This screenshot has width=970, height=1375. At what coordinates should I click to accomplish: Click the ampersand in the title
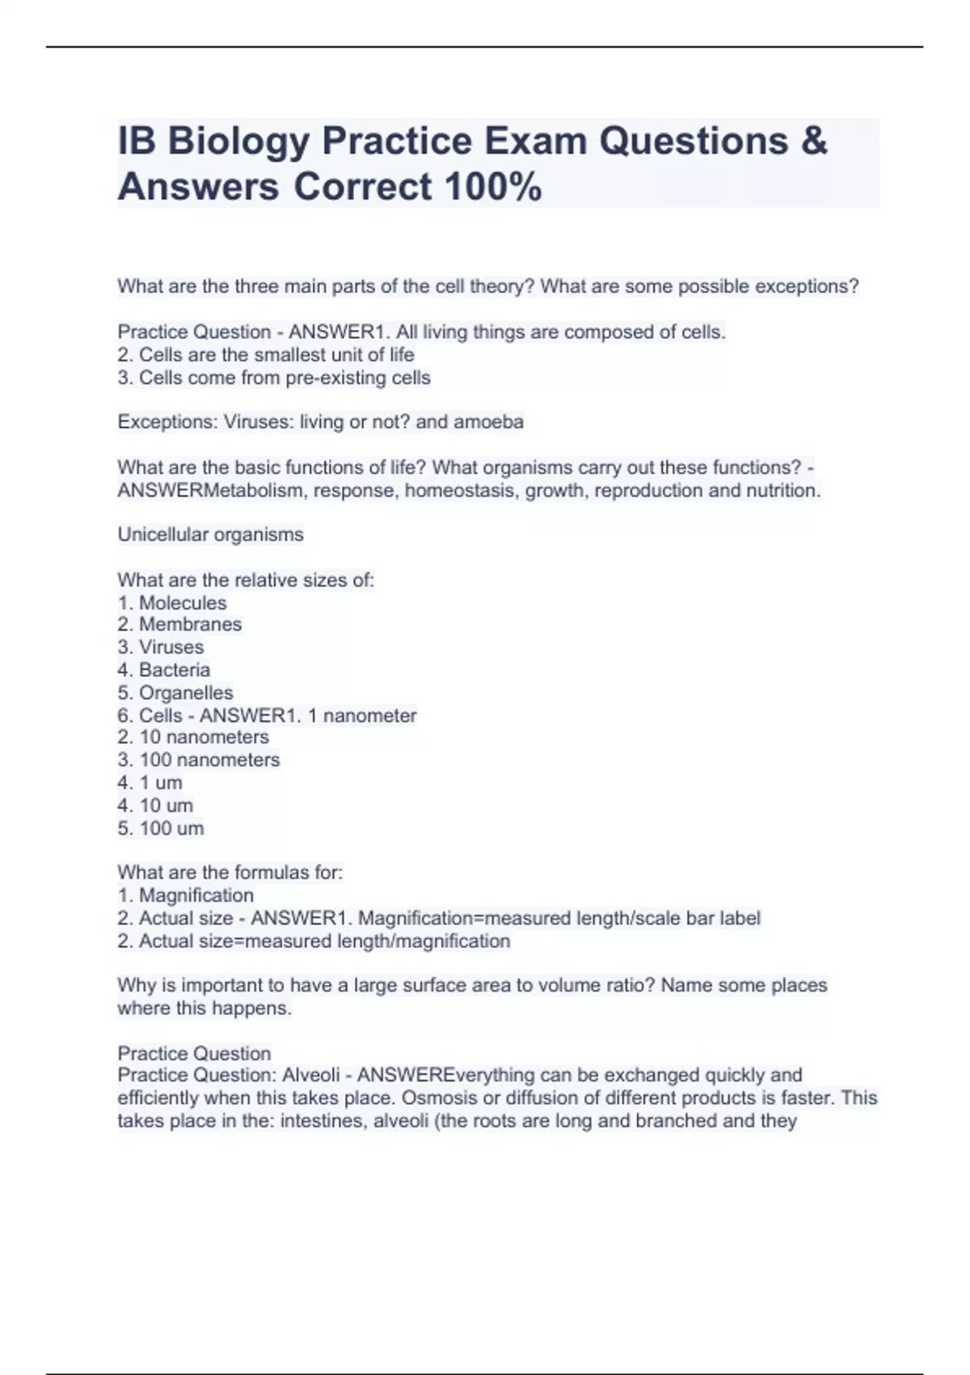click(x=814, y=142)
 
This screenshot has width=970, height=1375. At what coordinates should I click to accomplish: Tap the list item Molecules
click(x=183, y=603)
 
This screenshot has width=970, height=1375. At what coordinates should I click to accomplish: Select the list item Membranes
click(x=190, y=624)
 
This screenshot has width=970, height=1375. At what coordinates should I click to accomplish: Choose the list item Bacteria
click(x=175, y=670)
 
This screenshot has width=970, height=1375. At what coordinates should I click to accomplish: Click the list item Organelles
click(x=186, y=693)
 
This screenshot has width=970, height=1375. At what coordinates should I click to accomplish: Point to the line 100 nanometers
click(x=209, y=760)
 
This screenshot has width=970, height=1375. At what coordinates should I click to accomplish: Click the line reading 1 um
click(x=161, y=783)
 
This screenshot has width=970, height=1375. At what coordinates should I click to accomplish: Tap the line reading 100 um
click(x=171, y=828)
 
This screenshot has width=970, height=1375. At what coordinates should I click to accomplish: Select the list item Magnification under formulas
click(x=196, y=895)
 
